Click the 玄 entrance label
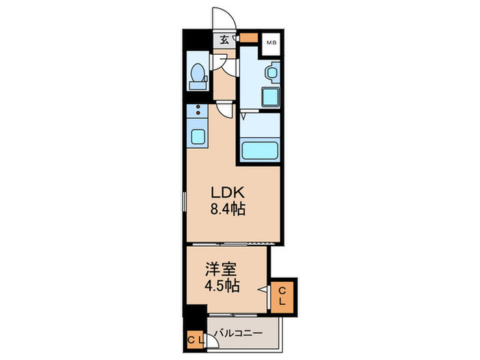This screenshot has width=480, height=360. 225,40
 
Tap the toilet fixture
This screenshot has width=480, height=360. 197,75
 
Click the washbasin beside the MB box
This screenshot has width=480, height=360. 271,71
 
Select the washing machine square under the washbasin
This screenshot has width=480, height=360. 271,97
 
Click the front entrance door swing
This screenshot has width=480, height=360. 221,17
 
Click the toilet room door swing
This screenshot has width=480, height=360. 219,62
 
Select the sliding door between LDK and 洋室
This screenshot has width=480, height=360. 233,244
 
